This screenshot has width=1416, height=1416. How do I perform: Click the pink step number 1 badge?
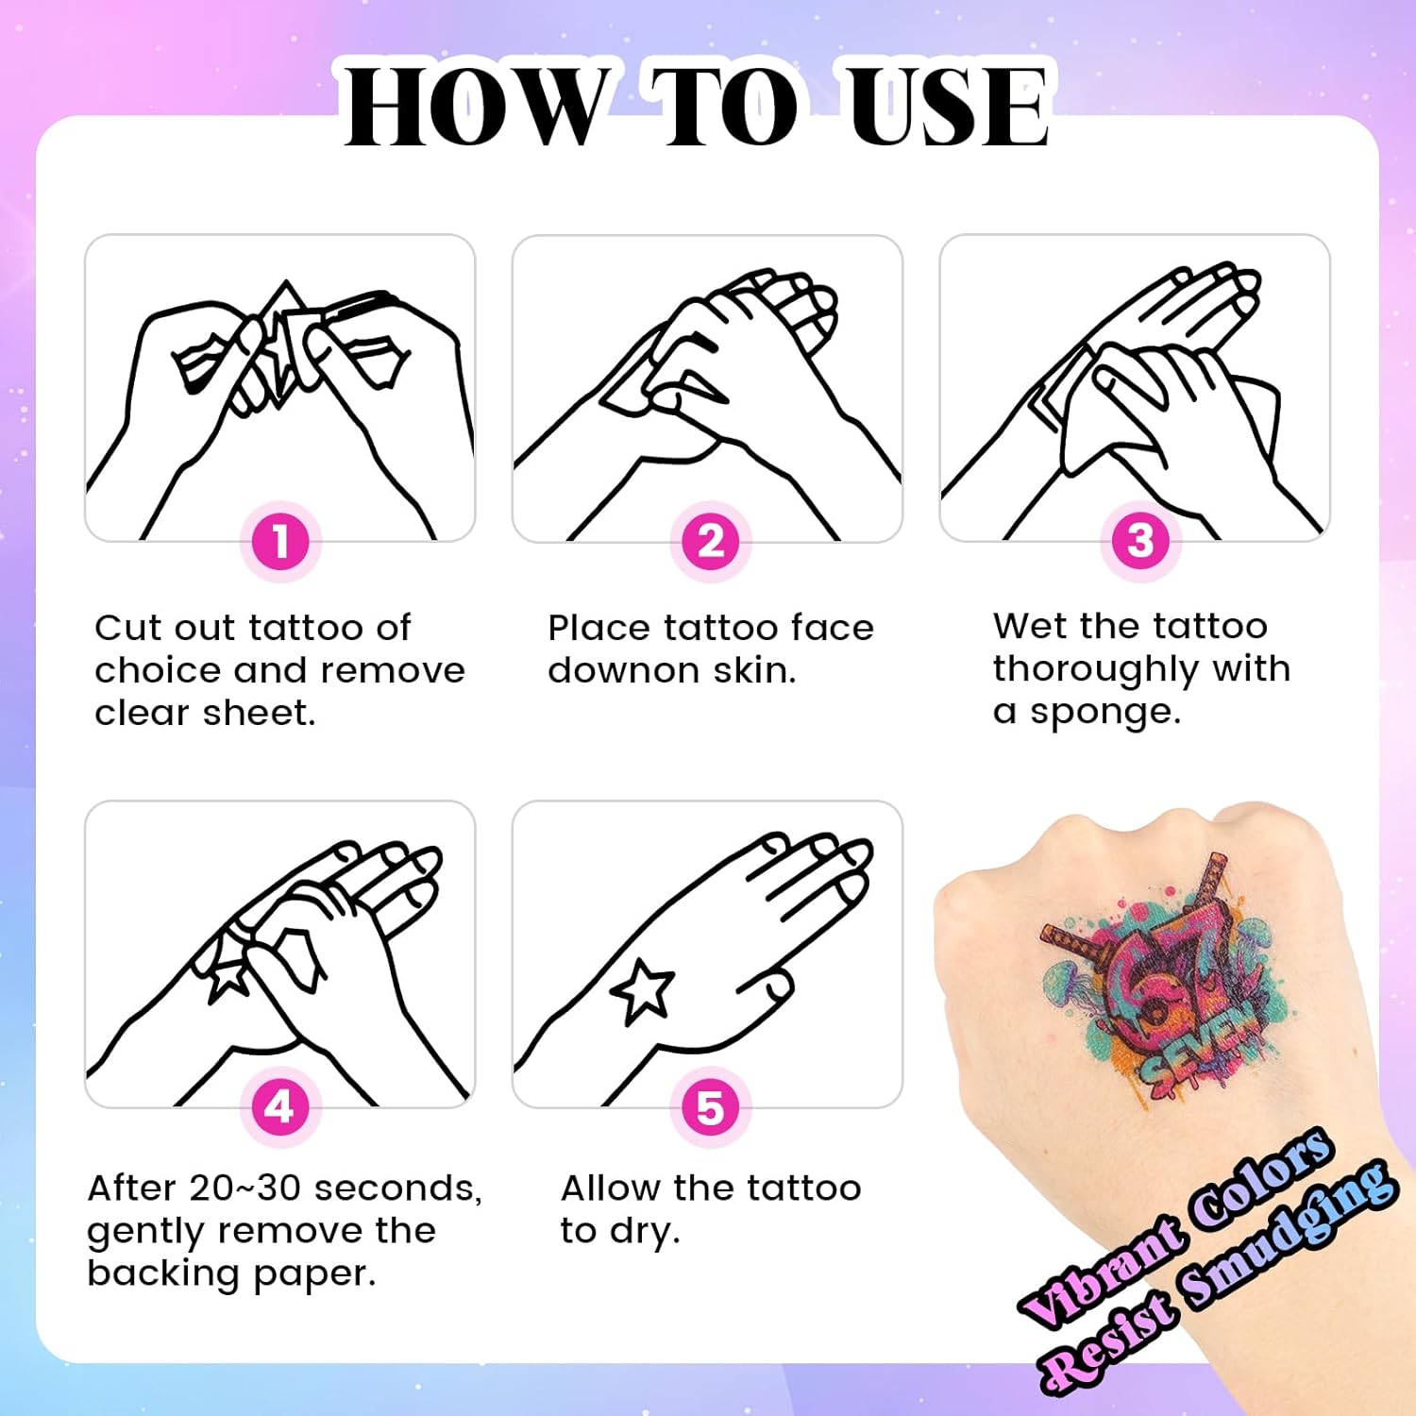click(x=280, y=542)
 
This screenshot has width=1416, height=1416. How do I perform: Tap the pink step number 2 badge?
click(x=710, y=542)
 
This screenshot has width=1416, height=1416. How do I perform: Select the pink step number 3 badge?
click(x=1140, y=541)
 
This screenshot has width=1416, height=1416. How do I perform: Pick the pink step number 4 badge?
click(x=279, y=1106)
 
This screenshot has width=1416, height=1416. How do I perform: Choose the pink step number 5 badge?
click(x=710, y=1107)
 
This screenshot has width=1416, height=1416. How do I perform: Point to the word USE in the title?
click(x=948, y=106)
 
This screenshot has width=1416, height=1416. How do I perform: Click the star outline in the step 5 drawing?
click(x=643, y=992)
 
